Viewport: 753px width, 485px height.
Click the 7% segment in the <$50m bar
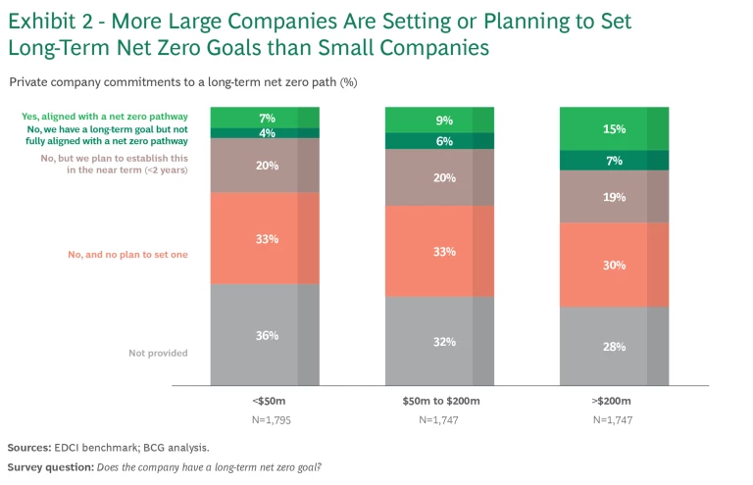tap(265, 118)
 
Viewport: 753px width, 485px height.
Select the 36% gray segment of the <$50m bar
tap(265, 335)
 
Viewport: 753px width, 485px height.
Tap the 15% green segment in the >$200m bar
tap(614, 128)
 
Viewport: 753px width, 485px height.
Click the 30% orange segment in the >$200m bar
tap(614, 265)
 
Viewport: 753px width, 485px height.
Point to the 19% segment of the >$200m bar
tap(614, 196)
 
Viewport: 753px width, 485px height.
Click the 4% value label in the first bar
tap(267, 133)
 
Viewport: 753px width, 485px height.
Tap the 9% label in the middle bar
tap(444, 121)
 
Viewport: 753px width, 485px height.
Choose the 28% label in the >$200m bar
tap(615, 347)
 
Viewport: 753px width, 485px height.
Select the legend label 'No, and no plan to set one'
tap(127, 255)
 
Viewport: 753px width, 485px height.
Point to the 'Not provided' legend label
tap(158, 353)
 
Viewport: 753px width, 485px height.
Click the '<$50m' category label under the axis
tap(265, 403)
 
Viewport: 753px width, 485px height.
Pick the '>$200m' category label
tap(614, 403)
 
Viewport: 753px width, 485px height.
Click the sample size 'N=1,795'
tap(265, 419)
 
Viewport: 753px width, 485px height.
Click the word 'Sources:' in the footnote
tap(29, 446)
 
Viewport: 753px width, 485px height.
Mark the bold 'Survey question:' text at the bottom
tap(49, 466)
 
